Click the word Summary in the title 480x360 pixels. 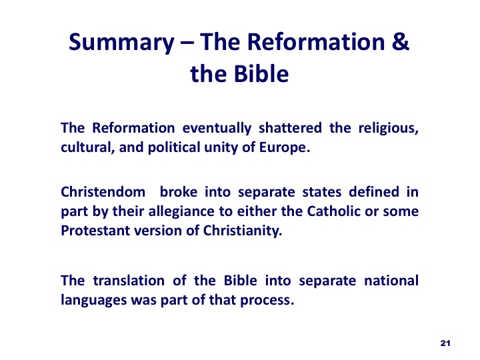pyautogui.click(x=121, y=43)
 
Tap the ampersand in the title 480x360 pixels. pyautogui.click(x=400, y=41)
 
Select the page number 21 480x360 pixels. pyautogui.click(x=445, y=343)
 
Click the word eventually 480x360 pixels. pyautogui.click(x=217, y=129)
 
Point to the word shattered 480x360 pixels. pyautogui.click(x=290, y=127)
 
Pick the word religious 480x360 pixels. pyautogui.click(x=388, y=129)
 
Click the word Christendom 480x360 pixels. pyautogui.click(x=103, y=192)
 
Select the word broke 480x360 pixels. pyautogui.click(x=179, y=192)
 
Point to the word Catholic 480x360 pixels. pyautogui.click(x=334, y=211)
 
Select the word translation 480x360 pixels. pyautogui.click(x=129, y=281)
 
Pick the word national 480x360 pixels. pyautogui.click(x=391, y=281)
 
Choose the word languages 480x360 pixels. pyautogui.click(x=94, y=301)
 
